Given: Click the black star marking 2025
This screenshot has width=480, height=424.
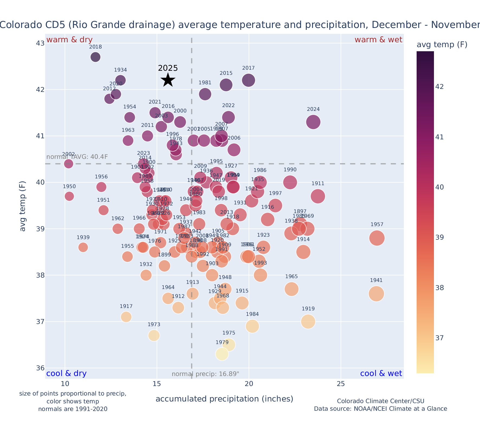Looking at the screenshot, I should tap(168, 80).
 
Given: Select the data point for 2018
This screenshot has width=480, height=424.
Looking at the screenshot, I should tap(95, 57).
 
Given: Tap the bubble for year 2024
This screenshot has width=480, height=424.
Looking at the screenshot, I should tap(313, 122).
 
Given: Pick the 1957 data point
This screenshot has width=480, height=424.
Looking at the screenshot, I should tap(377, 238).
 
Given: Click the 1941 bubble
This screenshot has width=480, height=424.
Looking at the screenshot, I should tap(376, 294).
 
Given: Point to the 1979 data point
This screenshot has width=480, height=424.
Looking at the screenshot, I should tap(222, 354).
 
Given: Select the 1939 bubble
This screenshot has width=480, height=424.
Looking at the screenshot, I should tap(83, 247).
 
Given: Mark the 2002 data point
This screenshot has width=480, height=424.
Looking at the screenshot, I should tap(69, 164).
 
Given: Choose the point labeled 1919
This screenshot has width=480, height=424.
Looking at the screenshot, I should tap(308, 322).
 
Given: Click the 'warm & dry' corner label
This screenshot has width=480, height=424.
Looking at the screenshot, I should tap(69, 40).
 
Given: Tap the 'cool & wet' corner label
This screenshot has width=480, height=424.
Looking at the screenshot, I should tap(381, 374).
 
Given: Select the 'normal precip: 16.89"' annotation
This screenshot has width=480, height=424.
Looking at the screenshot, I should tap(205, 374).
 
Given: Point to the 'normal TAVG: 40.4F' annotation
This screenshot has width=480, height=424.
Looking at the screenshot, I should tap(77, 157).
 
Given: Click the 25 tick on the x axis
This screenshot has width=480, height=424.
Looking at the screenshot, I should tap(341, 384).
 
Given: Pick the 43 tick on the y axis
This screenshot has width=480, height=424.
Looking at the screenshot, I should tap(40, 43).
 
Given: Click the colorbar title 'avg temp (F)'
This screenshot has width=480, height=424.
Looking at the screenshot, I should tap(442, 45).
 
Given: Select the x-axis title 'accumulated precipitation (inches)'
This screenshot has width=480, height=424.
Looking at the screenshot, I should tap(224, 399).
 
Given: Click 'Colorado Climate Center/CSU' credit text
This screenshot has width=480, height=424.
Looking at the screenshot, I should tap(381, 401).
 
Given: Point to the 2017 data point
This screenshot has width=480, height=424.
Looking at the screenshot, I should tap(248, 80).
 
